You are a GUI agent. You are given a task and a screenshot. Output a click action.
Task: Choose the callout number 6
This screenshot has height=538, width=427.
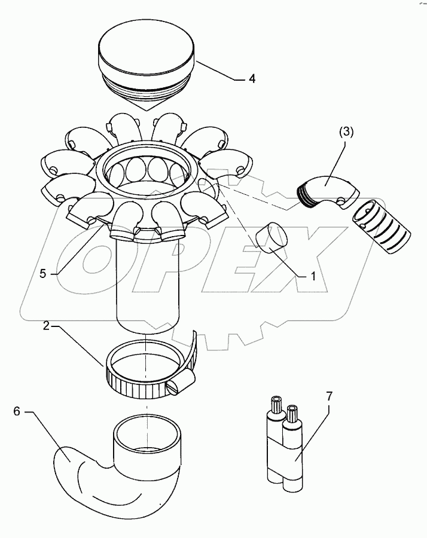tap(17, 411)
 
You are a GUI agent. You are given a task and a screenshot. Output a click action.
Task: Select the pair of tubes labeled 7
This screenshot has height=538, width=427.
tap(283, 445)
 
